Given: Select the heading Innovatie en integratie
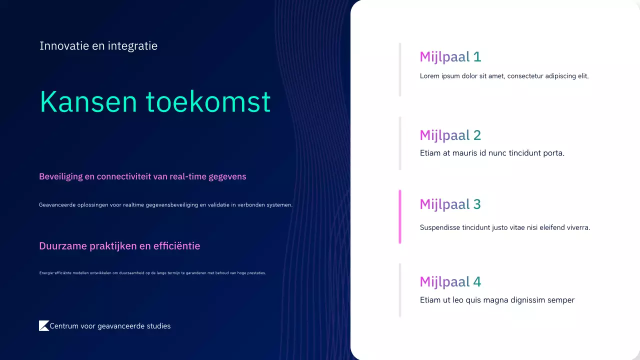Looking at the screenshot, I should (98, 46).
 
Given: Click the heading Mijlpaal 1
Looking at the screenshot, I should (450, 57).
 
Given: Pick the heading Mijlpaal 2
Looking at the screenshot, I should (450, 135).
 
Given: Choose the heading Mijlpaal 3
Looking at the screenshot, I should (450, 204).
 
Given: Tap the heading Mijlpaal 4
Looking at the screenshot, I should (450, 282).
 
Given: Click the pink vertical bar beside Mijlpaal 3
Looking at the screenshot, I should (400, 216).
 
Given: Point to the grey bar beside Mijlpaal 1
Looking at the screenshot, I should (400, 69).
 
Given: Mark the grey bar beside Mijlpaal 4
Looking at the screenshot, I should (400, 290).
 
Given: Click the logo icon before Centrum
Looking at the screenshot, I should (44, 325).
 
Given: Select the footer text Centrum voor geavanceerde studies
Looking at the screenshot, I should (110, 326).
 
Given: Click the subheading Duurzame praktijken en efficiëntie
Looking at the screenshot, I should (119, 246).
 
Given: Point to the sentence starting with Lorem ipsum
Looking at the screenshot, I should (504, 76).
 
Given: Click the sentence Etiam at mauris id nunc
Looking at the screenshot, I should (492, 153).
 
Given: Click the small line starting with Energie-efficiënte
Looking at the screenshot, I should (152, 273).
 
